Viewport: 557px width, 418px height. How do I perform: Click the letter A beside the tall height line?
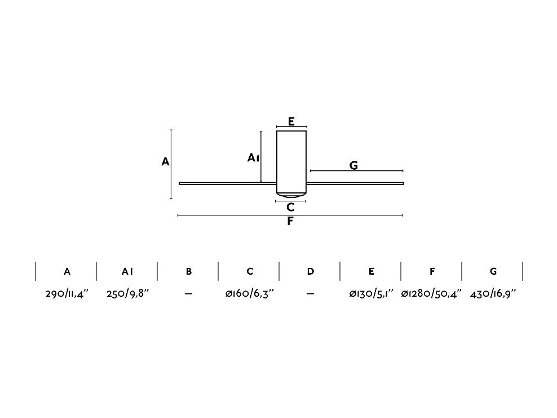tap(165, 162)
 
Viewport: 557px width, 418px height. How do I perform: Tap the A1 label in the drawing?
tap(253, 158)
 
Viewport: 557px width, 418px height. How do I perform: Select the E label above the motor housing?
tap(291, 121)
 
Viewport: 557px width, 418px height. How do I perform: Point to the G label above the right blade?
tap(353, 166)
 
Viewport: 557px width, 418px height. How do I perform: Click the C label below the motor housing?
tap(290, 208)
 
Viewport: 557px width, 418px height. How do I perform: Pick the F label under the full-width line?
tap(290, 221)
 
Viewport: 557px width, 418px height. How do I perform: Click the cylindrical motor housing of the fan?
tap(291, 161)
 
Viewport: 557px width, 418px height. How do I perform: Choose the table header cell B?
tap(189, 271)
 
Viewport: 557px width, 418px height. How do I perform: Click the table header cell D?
tap(311, 271)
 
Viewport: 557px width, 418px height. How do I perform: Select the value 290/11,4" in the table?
tap(67, 293)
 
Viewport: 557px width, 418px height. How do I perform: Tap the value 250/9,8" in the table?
tap(127, 293)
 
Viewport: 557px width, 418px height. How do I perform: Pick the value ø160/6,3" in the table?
tap(249, 293)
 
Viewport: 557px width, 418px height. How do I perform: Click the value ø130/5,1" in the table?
tap(370, 293)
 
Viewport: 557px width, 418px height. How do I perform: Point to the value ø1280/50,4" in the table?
tap(431, 293)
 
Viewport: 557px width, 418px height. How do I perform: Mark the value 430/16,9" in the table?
tap(492, 293)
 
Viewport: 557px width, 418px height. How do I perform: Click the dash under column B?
tap(188, 294)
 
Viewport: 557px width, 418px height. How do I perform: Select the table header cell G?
tap(493, 271)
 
